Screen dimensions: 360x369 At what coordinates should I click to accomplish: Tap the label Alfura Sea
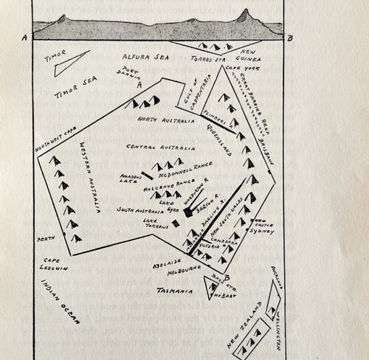[x=145, y=55]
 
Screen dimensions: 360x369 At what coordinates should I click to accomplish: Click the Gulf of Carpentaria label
[x=190, y=97]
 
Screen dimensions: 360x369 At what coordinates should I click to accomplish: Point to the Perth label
[x=48, y=238]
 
